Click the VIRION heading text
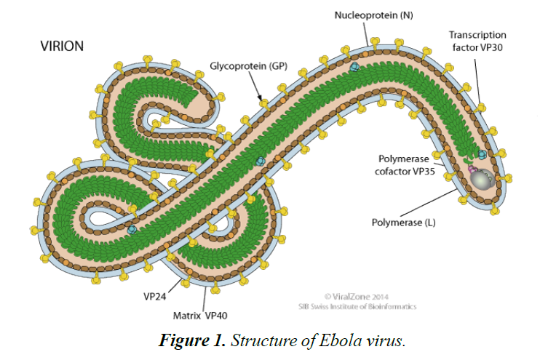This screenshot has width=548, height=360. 62,47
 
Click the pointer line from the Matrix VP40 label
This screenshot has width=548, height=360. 204,297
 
